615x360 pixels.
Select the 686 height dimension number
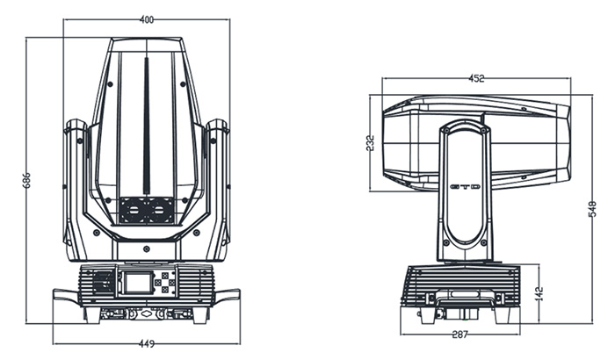(x=26, y=179)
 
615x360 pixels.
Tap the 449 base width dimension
(x=146, y=343)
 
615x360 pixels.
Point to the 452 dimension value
(x=476, y=78)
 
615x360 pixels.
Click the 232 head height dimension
(x=370, y=142)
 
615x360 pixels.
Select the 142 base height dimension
(x=539, y=292)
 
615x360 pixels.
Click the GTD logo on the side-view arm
(x=465, y=186)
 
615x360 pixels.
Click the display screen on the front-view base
(x=137, y=283)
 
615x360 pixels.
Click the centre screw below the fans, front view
(x=146, y=249)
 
